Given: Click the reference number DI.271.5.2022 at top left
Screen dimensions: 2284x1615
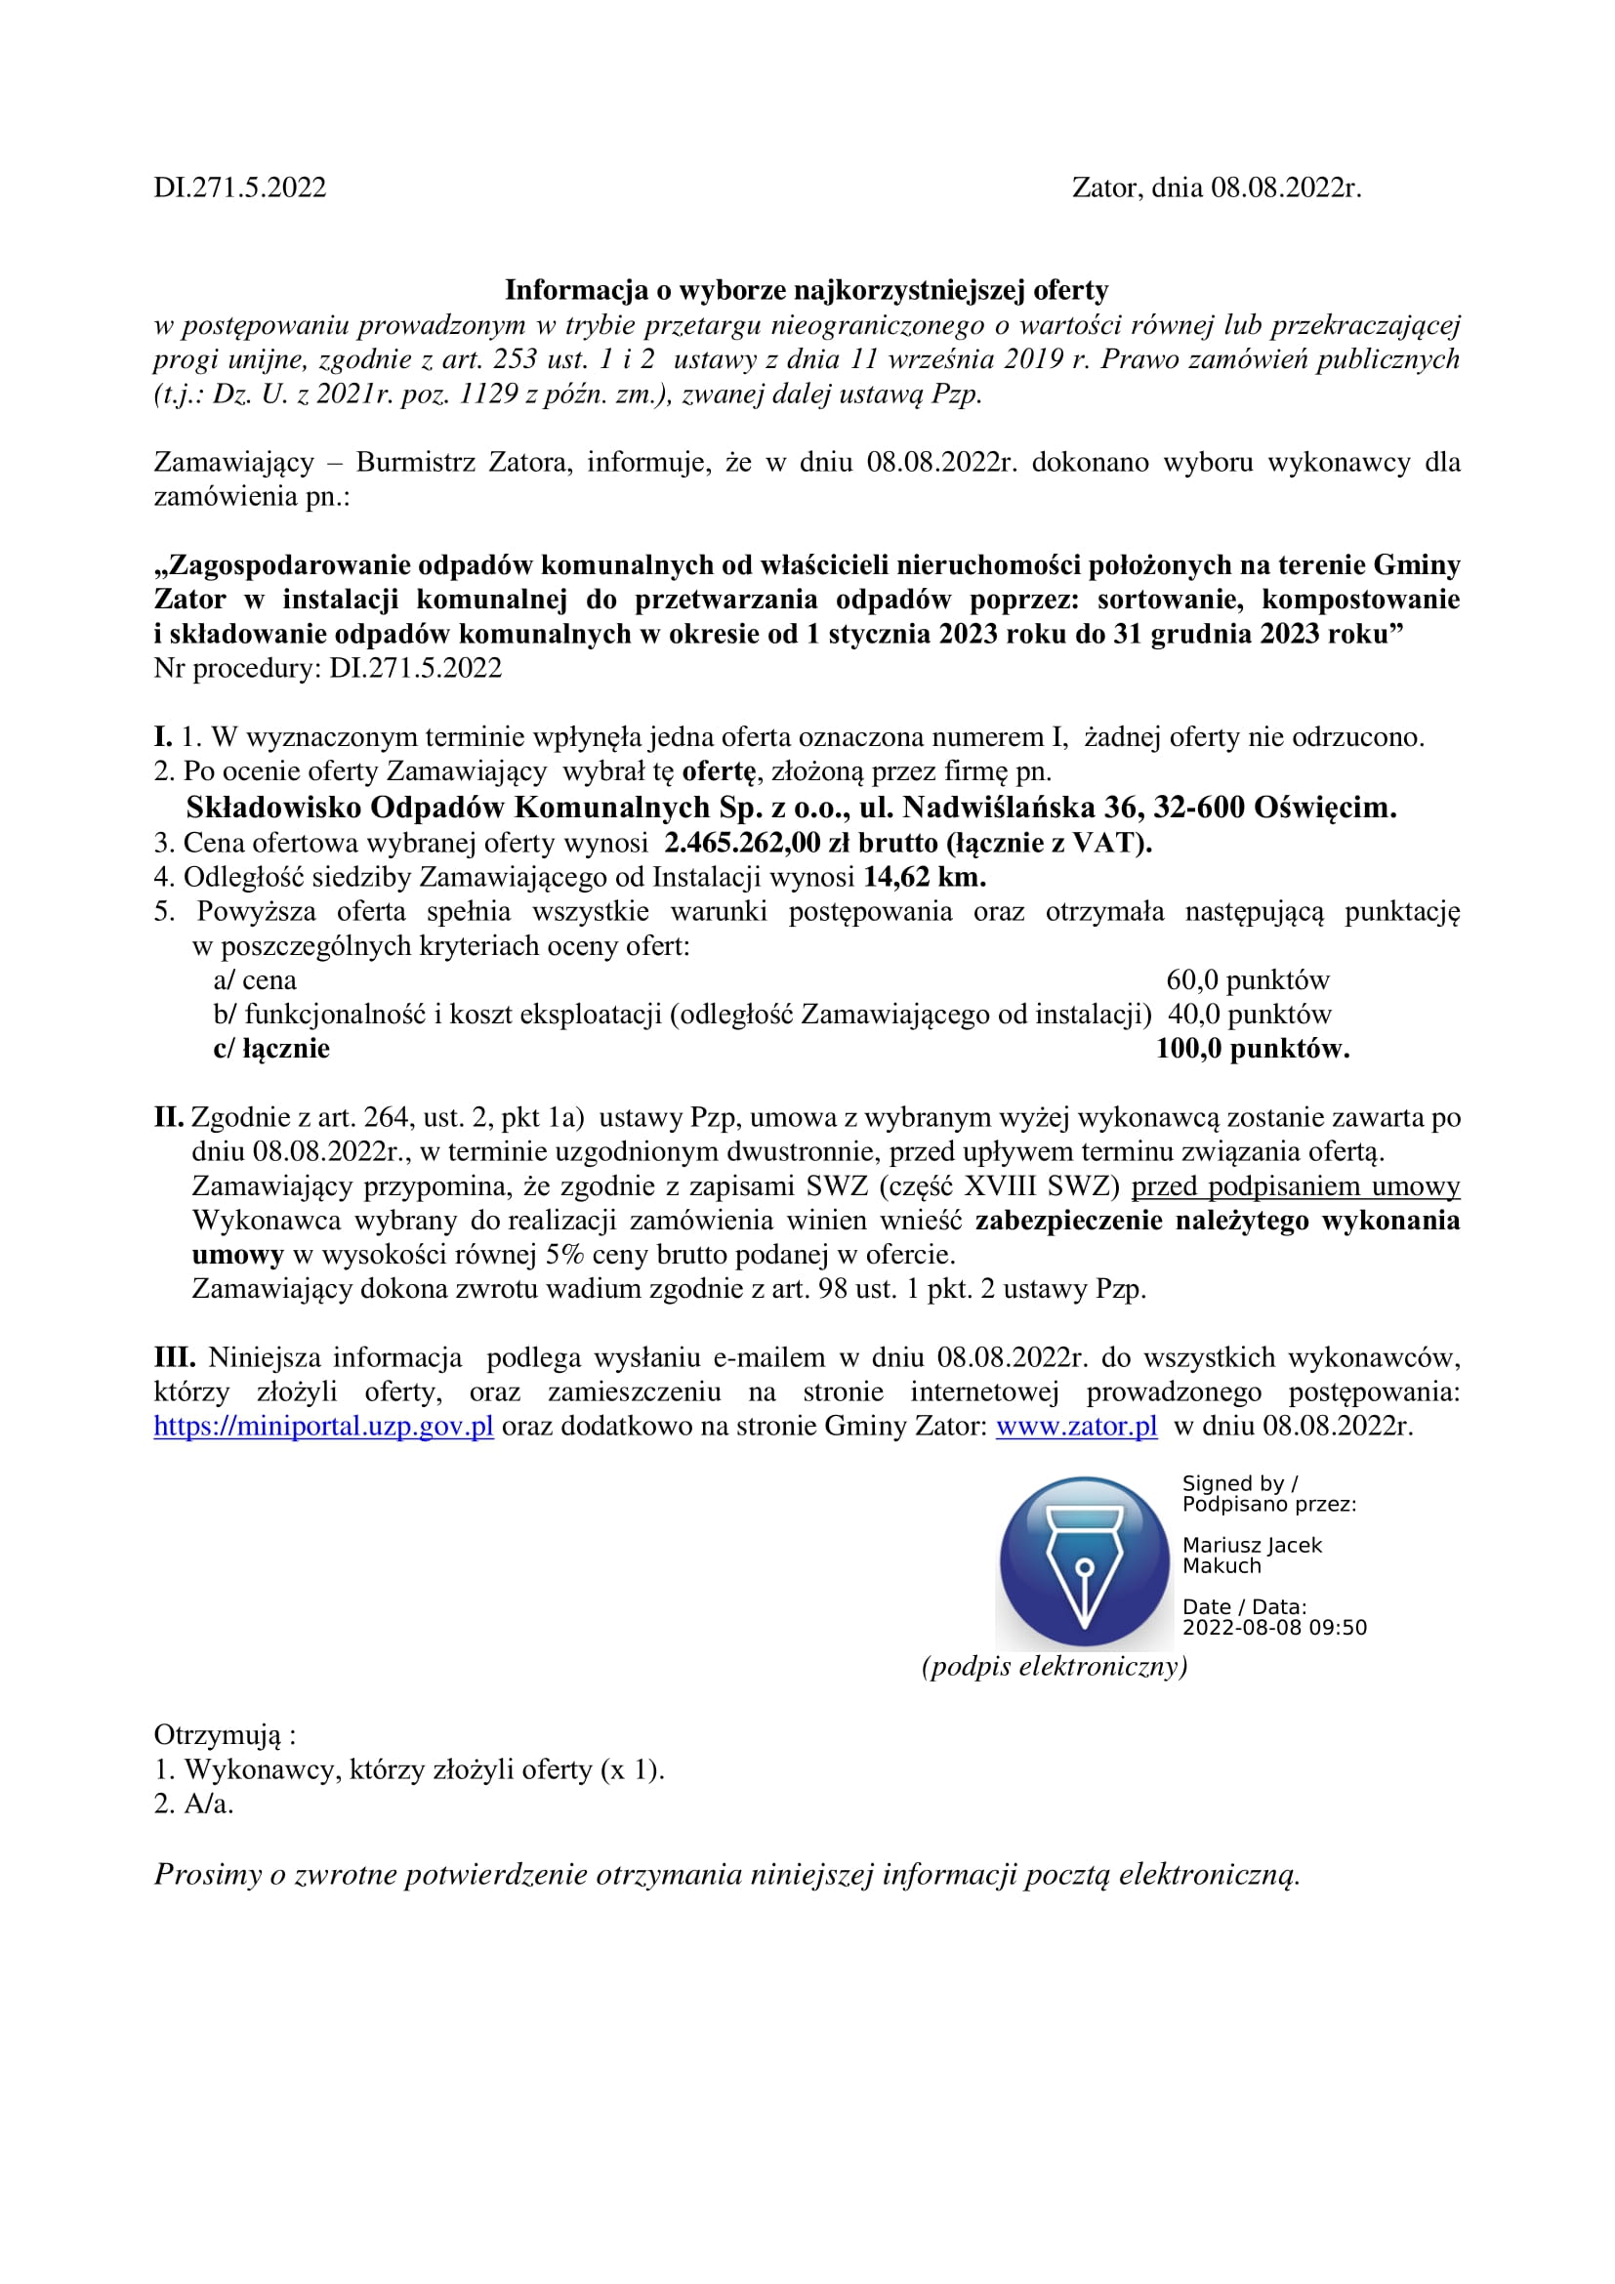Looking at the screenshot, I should [x=239, y=188].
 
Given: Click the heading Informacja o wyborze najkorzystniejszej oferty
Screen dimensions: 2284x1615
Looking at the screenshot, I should [x=807, y=289].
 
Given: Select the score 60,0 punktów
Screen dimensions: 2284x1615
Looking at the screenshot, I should [x=1247, y=979].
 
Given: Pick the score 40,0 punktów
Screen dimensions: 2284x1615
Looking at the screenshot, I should [x=1249, y=1014].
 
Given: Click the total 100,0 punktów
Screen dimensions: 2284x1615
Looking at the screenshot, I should [x=1252, y=1049].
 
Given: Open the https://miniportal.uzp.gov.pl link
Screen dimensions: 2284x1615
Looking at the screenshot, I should [x=323, y=1426].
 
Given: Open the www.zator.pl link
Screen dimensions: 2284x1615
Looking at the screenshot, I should [x=1076, y=1426].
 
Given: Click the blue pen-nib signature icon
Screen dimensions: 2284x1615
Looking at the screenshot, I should [x=1084, y=1560].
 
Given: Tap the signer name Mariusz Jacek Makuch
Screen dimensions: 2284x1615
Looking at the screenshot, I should [x=1251, y=1555].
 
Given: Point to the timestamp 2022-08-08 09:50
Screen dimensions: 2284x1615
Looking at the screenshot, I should [x=1274, y=1628].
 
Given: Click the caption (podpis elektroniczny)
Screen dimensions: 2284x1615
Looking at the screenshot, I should [x=1055, y=1666].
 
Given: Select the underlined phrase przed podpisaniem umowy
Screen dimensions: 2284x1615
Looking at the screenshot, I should [x=1295, y=1185].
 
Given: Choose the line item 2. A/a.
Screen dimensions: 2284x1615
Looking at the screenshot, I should [x=194, y=1804].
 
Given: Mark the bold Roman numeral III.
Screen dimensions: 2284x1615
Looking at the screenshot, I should [x=175, y=1357].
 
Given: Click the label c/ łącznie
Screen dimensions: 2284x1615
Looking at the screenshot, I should [x=271, y=1049].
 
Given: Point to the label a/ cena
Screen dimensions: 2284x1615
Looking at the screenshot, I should [x=255, y=979].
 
